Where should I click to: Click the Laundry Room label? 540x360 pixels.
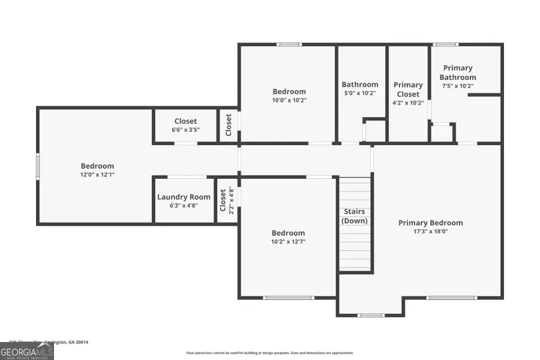coord(184,197)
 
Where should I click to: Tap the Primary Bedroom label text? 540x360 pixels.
coord(430,223)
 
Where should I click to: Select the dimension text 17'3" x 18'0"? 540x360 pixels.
coord(430,231)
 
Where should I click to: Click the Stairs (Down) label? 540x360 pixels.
coord(354,216)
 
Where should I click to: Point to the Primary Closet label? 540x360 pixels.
coord(408,89)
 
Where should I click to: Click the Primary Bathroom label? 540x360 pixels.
coord(458,73)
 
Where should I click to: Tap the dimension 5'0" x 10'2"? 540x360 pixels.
coord(360,93)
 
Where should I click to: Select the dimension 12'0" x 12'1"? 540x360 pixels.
coord(97,175)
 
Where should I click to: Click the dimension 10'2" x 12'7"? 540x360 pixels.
coord(288,241)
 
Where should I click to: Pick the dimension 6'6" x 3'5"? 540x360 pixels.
coord(185,130)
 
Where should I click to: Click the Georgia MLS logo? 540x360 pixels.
coord(27,350)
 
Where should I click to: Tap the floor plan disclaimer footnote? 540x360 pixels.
coord(270,353)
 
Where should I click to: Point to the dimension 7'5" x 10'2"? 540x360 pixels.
coord(458,86)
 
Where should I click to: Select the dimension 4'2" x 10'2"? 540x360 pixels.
coord(408,103)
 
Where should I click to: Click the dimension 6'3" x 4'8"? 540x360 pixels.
coord(184,205)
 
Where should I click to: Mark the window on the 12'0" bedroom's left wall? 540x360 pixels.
coord(38,166)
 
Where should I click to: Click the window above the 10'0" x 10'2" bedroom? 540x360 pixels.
coord(289,44)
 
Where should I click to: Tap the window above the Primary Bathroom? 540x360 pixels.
coord(445,44)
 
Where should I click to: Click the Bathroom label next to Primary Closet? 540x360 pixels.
coord(360,85)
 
